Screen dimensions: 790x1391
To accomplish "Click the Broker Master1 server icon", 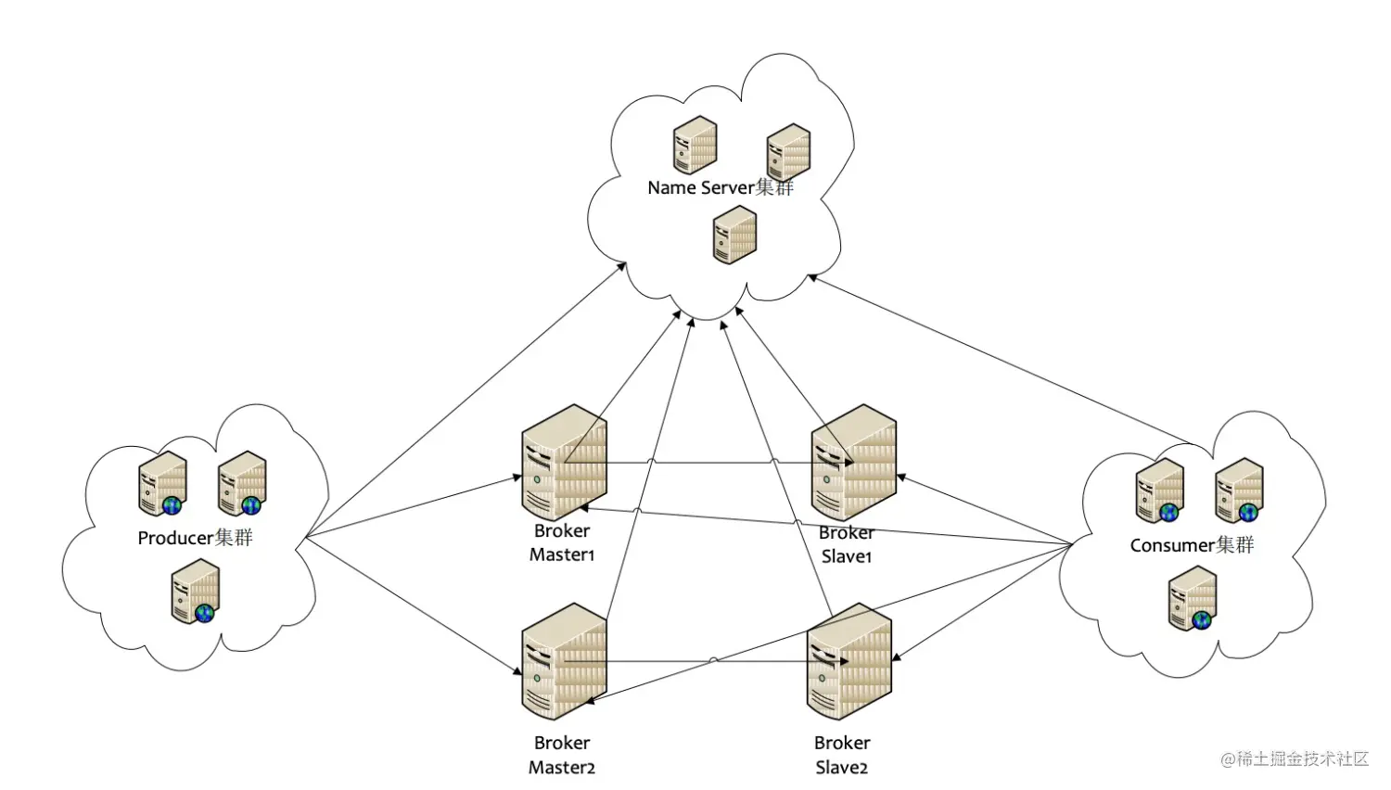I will (x=564, y=461).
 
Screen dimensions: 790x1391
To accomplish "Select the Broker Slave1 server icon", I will (x=853, y=461).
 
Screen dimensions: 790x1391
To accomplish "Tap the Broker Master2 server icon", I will (x=564, y=660).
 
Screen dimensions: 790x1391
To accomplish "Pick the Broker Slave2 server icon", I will (x=849, y=660).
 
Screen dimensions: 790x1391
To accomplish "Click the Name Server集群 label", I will (x=721, y=187).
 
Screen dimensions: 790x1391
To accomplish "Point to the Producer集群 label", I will (x=195, y=538).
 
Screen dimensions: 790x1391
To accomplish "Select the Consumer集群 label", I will (x=1192, y=545).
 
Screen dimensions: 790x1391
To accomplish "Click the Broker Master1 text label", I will (x=562, y=542).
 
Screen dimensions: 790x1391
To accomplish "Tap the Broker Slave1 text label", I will (x=846, y=544).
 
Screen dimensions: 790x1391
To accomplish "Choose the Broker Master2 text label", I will (x=562, y=755).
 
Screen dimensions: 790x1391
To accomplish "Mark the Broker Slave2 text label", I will (x=842, y=755).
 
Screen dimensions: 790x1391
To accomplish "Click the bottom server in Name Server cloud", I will (x=734, y=235).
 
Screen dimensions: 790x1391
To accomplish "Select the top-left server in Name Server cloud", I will (x=695, y=145).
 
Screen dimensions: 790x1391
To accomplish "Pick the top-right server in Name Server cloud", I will (x=788, y=151).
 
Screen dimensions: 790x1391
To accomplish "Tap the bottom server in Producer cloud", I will (x=195, y=595).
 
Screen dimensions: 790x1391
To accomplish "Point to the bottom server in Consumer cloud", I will (x=1193, y=599).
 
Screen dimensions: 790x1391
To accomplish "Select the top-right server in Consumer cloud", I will (x=1239, y=490).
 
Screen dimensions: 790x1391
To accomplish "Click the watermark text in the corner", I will (x=1295, y=758).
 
